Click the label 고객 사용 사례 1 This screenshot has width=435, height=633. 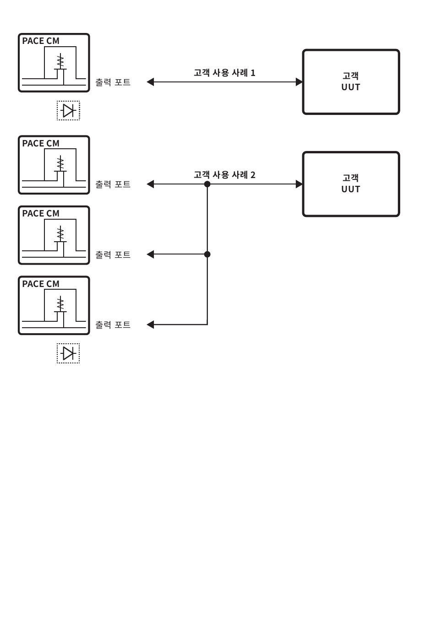(x=224, y=73)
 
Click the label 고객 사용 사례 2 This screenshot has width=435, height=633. (x=224, y=175)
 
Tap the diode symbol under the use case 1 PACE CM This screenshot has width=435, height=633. (x=68, y=110)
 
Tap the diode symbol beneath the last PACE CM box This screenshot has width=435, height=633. (x=68, y=353)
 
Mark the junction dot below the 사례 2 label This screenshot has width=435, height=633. (x=207, y=184)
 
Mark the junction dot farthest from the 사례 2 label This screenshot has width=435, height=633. (x=207, y=254)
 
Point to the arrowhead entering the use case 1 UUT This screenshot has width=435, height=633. (x=299, y=82)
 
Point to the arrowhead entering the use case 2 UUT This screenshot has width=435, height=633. (x=299, y=184)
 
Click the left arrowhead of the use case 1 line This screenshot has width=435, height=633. (x=150, y=82)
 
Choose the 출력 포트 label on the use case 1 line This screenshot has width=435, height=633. (x=113, y=82)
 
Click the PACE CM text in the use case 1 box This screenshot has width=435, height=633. (x=41, y=41)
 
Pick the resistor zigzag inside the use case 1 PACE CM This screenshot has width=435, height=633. (x=60, y=61)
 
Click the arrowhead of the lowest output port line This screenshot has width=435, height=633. (x=150, y=325)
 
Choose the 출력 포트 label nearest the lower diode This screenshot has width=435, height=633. (x=113, y=325)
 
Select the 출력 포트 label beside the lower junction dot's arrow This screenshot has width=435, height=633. (x=113, y=254)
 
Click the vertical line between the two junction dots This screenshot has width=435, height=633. (x=207, y=219)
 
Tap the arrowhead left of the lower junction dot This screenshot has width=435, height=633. (x=150, y=254)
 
